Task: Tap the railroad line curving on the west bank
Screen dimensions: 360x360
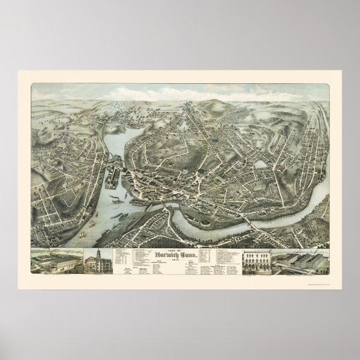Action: [89, 168]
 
